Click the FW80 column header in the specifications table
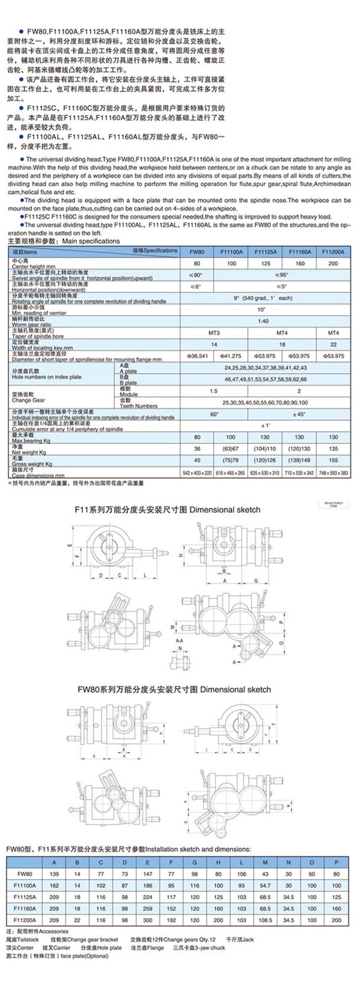click(197, 251)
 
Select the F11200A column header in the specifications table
click(333, 251)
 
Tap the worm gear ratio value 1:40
click(263, 321)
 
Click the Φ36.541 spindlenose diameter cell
click(197, 356)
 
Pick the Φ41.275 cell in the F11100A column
click(231, 356)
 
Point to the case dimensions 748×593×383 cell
click(333, 473)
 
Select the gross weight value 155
click(333, 460)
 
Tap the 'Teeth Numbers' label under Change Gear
click(139, 406)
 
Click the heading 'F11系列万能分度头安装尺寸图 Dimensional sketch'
click(167, 509)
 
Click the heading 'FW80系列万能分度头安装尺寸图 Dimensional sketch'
click(174, 689)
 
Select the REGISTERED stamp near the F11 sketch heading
click(333, 505)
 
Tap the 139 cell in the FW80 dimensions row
click(54, 874)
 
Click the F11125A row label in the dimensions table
click(25, 897)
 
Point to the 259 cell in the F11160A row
click(148, 908)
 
